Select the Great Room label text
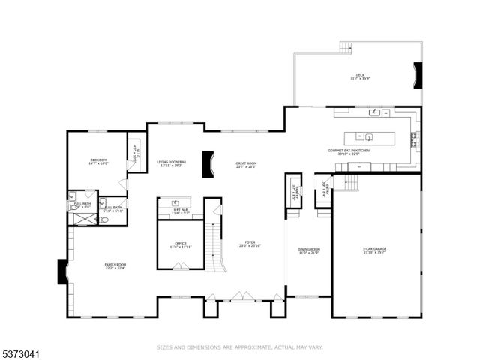click(x=246, y=165)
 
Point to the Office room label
click(x=180, y=244)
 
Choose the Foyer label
click(x=250, y=244)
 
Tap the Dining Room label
click(x=309, y=250)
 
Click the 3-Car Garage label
click(x=375, y=250)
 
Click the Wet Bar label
click(x=180, y=213)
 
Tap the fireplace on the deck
click(x=418, y=75)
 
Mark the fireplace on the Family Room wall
click(x=62, y=271)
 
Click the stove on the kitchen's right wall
click(x=414, y=138)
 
